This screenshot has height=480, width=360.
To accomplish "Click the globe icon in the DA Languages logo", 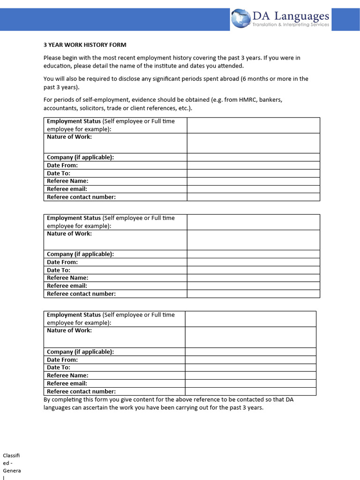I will [241, 18].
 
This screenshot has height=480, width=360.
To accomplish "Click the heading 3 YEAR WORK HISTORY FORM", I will [85, 45].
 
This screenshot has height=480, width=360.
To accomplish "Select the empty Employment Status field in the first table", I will [253, 125].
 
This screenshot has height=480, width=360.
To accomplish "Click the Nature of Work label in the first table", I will [69, 137].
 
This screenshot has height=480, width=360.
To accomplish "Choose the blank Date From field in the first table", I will [253, 165].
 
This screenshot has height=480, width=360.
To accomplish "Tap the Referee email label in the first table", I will [67, 189].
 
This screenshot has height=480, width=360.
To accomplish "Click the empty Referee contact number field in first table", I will [253, 197].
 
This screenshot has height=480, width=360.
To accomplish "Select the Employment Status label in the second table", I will [74, 218].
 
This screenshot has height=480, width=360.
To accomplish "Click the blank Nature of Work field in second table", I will [253, 240].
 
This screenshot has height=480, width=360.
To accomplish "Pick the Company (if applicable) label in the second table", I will [80, 254].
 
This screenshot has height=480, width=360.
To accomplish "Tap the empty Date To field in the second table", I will [253, 270].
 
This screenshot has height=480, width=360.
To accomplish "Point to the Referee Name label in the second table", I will [67, 278].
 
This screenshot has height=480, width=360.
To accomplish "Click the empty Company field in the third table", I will [250, 352].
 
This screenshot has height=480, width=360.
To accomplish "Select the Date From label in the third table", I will [62, 360].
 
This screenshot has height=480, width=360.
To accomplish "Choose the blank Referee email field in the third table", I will [250, 383].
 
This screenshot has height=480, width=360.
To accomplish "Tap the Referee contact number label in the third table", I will [81, 391].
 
